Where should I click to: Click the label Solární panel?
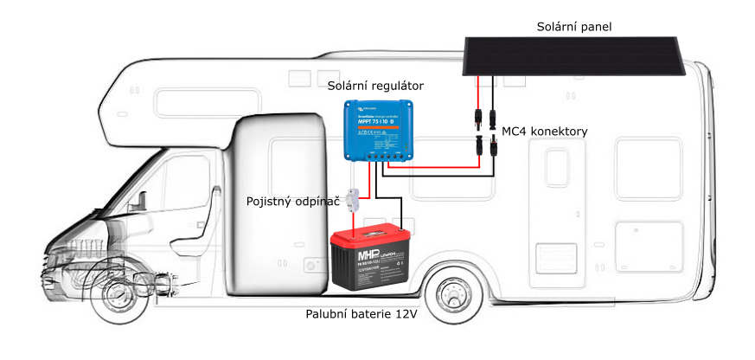pyautogui.click(x=573, y=27)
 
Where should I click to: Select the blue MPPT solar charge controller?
pyautogui.click(x=377, y=128)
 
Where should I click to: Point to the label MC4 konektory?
pyautogui.click(x=545, y=132)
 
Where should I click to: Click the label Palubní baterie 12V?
pyautogui.click(x=362, y=313)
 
